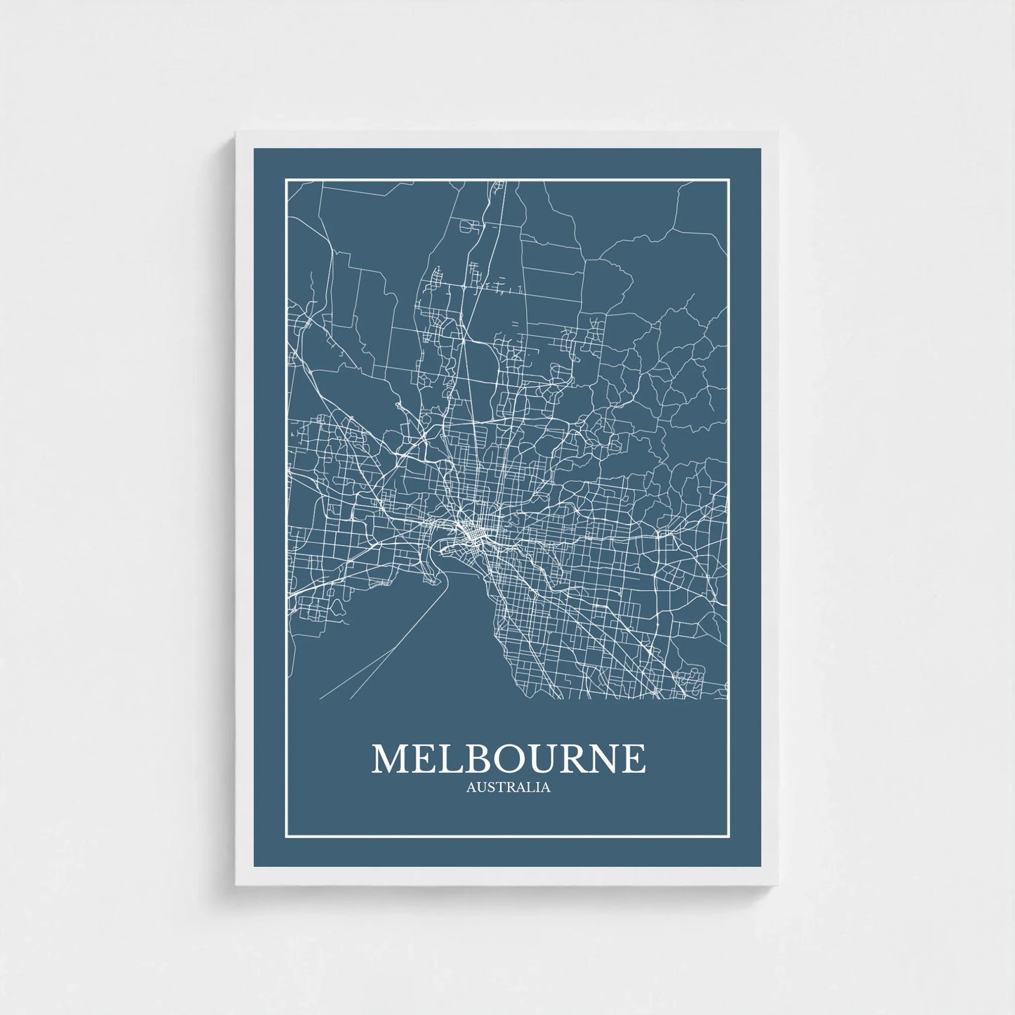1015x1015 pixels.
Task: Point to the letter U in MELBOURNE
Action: [x=539, y=759]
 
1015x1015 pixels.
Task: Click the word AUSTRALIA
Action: [x=508, y=787]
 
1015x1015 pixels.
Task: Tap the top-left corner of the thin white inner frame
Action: [x=286, y=180]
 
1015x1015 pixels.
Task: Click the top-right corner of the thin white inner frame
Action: [x=729, y=180]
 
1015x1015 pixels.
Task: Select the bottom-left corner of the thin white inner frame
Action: [x=286, y=837]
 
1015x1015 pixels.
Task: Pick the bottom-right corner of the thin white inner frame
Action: [x=729, y=837]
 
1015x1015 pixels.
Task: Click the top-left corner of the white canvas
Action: [x=237, y=131]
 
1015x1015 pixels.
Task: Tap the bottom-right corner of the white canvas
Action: [x=778, y=884]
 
